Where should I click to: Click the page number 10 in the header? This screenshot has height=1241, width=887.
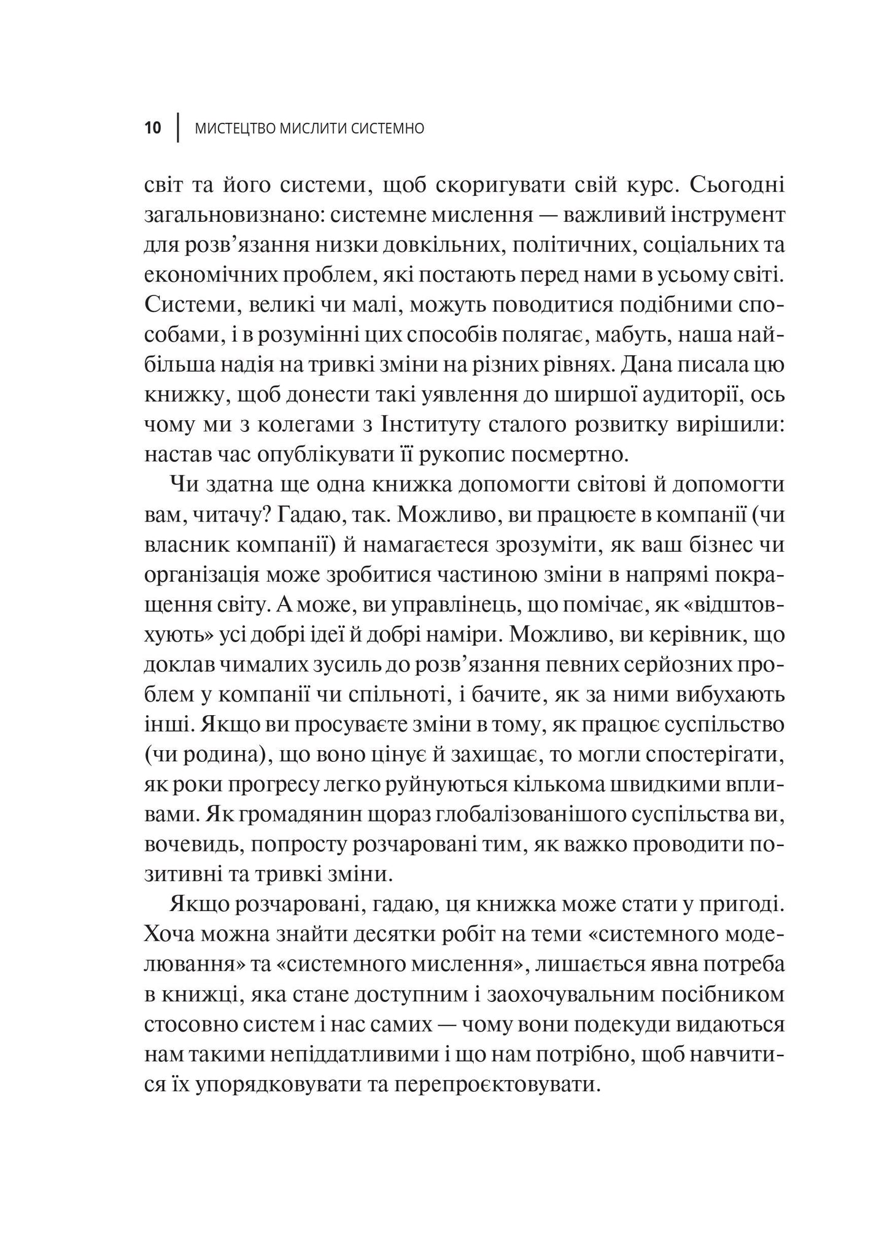153,129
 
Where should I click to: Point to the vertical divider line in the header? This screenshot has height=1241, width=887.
177,128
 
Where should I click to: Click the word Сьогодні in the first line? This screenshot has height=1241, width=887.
743,184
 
